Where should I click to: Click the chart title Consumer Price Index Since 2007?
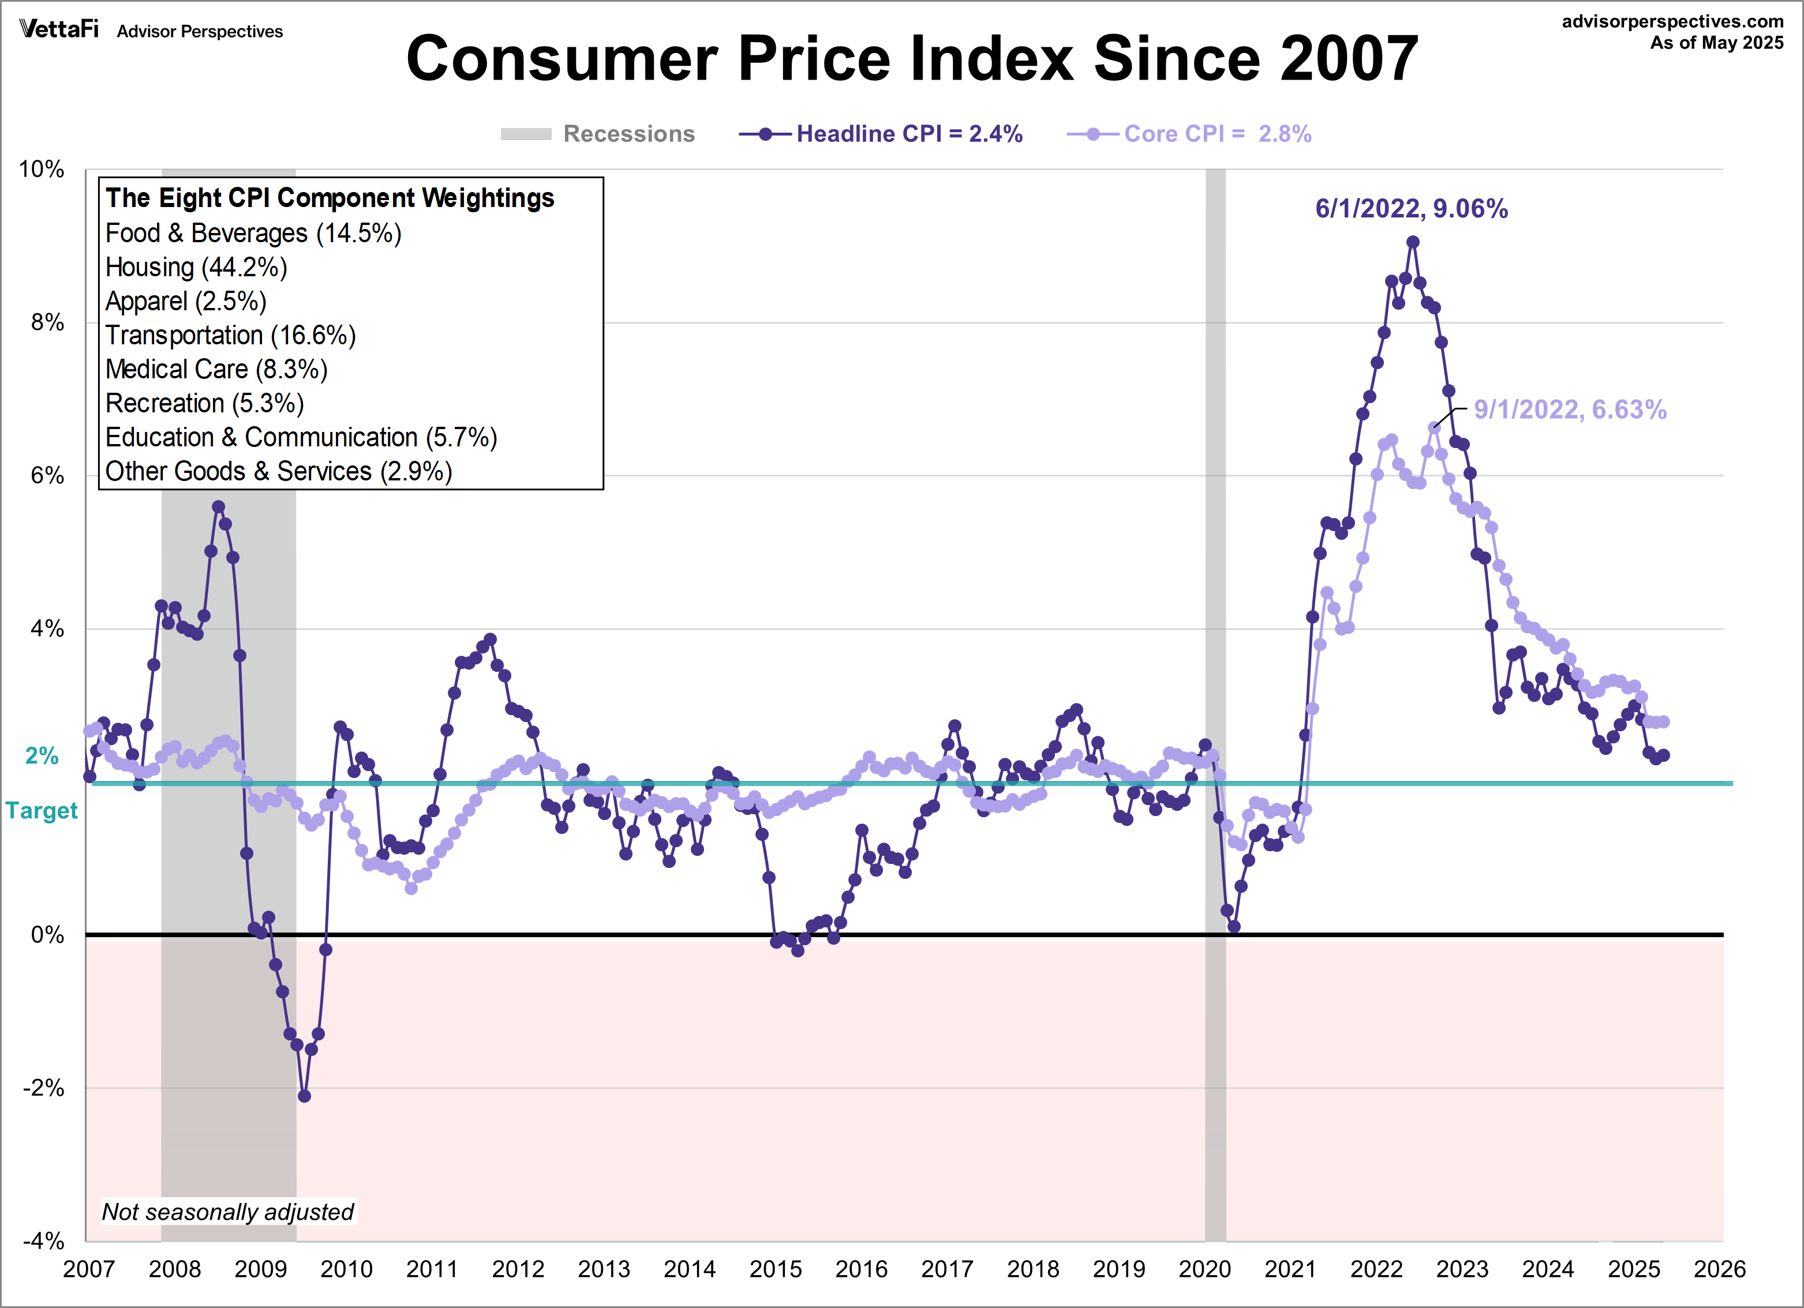[x=912, y=59]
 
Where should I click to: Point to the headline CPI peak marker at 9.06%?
[x=1413, y=242]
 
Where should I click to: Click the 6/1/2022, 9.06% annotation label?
[x=1411, y=208]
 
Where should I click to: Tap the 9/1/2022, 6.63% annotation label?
[x=1570, y=409]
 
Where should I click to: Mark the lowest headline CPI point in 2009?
[x=304, y=1096]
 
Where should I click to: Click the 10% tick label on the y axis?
[x=42, y=170]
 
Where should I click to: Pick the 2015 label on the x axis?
[x=776, y=1269]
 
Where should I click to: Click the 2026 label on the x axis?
[x=1720, y=1269]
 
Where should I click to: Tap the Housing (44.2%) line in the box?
[x=196, y=267]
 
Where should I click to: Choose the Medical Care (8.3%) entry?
[x=216, y=369]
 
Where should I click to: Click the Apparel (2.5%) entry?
[x=186, y=302]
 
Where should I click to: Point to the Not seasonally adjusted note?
[x=227, y=1212]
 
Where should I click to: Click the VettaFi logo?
[x=59, y=30]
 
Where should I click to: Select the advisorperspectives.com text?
[x=1673, y=21]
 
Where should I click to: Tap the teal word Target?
[x=42, y=810]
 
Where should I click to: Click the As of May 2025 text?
[x=1716, y=43]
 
